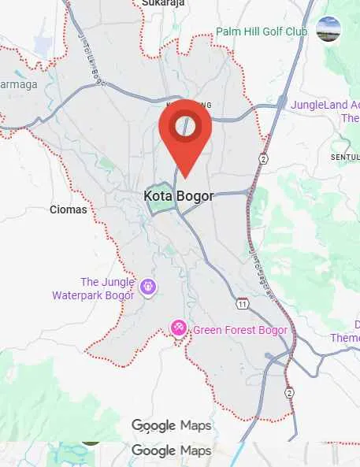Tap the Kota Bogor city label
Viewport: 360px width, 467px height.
(179, 195)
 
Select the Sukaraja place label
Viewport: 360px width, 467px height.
(163, 3)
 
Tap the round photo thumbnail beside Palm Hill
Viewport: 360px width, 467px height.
(328, 29)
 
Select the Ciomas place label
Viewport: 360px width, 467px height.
(65, 209)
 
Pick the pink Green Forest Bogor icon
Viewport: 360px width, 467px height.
(179, 328)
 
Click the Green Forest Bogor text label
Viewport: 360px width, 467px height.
(236, 329)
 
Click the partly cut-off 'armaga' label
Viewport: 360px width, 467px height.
(18, 84)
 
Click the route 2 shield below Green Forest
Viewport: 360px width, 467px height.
(289, 392)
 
